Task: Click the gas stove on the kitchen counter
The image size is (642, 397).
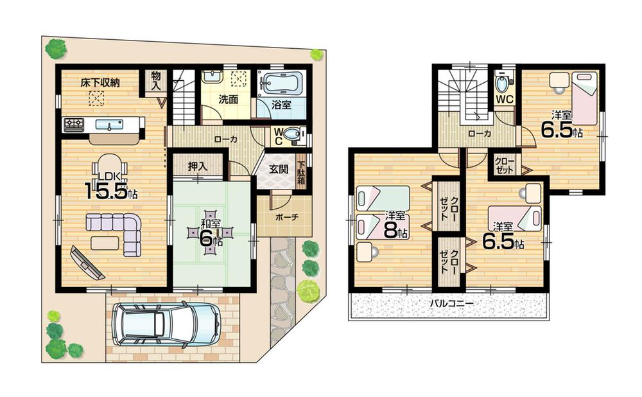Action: [74, 125]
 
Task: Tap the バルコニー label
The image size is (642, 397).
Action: [448, 303]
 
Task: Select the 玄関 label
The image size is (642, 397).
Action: [278, 170]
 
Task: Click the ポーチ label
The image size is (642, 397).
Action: [286, 216]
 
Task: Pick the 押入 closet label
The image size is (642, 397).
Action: [198, 166]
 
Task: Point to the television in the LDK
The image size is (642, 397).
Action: [87, 263]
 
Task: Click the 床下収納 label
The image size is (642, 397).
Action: [100, 82]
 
